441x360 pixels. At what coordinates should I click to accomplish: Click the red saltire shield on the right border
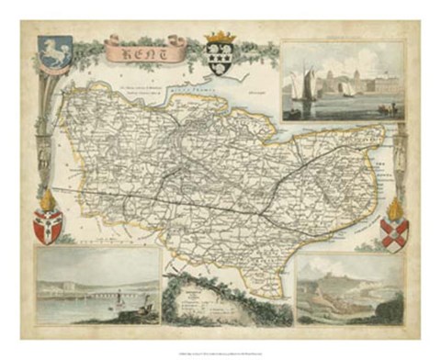[x=393, y=233]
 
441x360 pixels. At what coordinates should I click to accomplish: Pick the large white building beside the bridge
[x=55, y=287]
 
